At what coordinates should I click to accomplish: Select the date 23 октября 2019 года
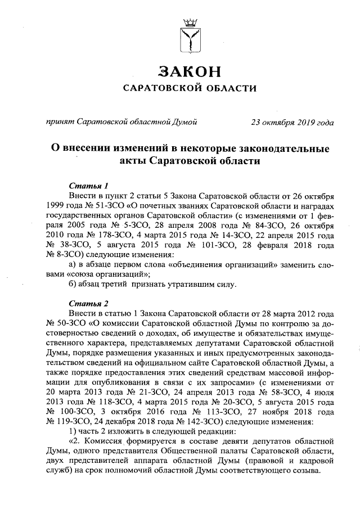(291, 121)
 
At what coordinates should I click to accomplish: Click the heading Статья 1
(89, 185)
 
